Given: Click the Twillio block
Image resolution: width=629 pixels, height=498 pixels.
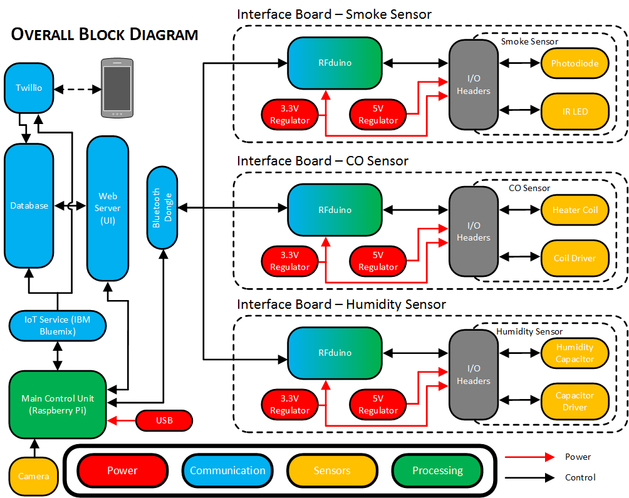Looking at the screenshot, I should (28, 88).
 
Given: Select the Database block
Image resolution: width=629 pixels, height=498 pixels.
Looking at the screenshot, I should (29, 205).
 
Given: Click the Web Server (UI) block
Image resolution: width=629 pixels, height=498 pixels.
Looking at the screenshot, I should (107, 208).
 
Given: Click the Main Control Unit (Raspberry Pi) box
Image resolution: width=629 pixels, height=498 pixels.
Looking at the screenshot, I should (58, 405).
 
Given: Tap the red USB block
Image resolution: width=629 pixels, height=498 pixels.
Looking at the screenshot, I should (164, 420).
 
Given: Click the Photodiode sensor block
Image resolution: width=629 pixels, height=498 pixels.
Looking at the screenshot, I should (574, 63).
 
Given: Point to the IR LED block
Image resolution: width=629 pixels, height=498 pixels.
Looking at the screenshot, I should (574, 112).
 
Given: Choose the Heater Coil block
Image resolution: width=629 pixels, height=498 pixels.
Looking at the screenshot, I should (574, 210).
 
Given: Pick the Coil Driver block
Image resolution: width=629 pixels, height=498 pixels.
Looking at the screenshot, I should (574, 258).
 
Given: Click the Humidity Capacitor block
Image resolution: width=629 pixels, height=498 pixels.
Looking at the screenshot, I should (574, 353).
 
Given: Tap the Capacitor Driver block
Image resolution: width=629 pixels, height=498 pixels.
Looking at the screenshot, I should (574, 402).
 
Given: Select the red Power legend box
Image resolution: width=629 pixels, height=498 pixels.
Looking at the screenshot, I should (122, 470).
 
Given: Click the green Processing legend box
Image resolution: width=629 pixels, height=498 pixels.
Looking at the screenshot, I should (437, 470).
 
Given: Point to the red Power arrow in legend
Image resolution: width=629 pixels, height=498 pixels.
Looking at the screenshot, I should (529, 457).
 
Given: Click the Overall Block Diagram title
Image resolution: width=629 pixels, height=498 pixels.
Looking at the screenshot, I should (105, 34).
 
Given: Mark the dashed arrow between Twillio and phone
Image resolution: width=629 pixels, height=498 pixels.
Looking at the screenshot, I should (78, 88).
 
